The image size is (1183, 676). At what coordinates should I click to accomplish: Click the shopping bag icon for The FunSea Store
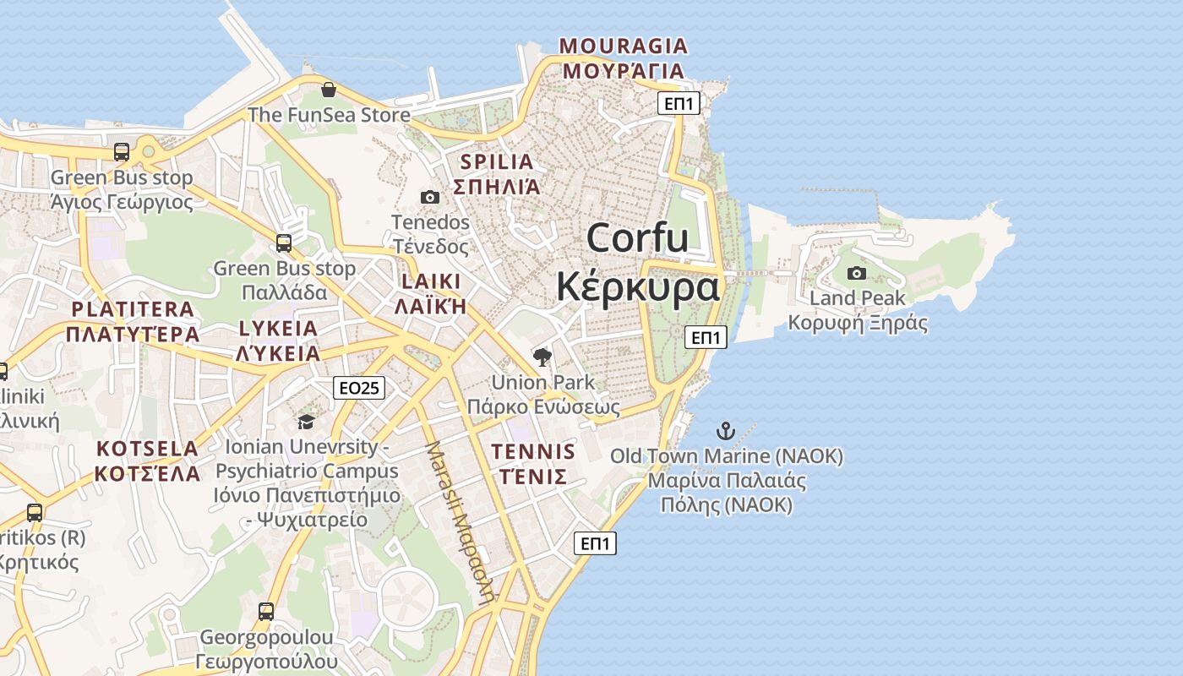[329, 90]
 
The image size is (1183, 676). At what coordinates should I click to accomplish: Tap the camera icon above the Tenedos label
[430, 197]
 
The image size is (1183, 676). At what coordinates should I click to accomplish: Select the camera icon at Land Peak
[857, 273]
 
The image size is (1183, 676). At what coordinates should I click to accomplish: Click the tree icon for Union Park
[542, 357]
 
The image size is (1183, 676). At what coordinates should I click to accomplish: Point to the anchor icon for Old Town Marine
[725, 430]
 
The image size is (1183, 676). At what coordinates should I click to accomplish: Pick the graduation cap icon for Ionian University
[306, 421]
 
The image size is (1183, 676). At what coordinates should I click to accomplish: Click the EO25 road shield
[359, 388]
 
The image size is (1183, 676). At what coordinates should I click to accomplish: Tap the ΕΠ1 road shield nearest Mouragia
[679, 104]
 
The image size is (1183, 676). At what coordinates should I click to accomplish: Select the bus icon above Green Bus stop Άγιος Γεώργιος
[122, 152]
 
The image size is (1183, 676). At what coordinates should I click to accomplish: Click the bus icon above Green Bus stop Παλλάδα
[284, 243]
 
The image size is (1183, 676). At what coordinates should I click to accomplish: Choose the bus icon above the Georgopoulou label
[266, 611]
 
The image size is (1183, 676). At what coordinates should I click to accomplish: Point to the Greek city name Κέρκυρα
[638, 287]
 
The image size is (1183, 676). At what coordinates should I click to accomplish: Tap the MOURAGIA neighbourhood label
[624, 46]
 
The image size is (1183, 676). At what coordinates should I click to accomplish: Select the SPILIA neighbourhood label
[497, 161]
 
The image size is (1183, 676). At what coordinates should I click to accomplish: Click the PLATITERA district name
[133, 309]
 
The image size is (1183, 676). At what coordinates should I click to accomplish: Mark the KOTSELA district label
[147, 449]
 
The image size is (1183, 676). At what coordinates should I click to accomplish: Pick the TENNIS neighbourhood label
[533, 452]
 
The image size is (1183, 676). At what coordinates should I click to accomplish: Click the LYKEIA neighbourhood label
[278, 328]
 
